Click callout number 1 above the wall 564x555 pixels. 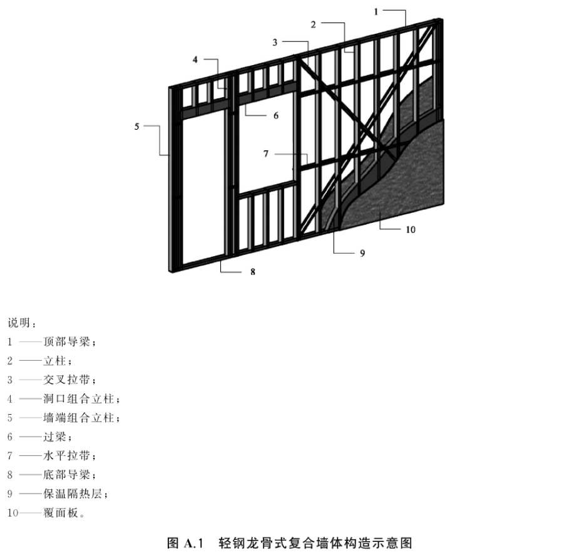point(376,12)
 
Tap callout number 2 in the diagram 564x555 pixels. point(313,24)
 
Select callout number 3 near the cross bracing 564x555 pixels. point(275,43)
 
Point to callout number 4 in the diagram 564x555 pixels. point(195,60)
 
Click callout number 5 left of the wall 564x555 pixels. point(136,127)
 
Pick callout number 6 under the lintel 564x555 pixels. point(276,115)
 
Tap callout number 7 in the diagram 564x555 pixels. point(266,154)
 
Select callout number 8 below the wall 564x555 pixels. point(253,272)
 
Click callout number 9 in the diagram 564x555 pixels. point(362,254)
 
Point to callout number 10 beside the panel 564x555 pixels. point(411,230)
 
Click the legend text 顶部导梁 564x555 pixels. point(66,341)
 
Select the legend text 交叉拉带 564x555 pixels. point(66,380)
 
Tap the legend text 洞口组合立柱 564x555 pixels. point(78,399)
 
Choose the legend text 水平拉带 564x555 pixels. point(66,455)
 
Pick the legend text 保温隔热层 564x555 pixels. point(73,494)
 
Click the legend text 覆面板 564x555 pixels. point(61,512)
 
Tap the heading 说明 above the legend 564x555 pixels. point(19,323)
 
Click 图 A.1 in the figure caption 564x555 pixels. point(186,542)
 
